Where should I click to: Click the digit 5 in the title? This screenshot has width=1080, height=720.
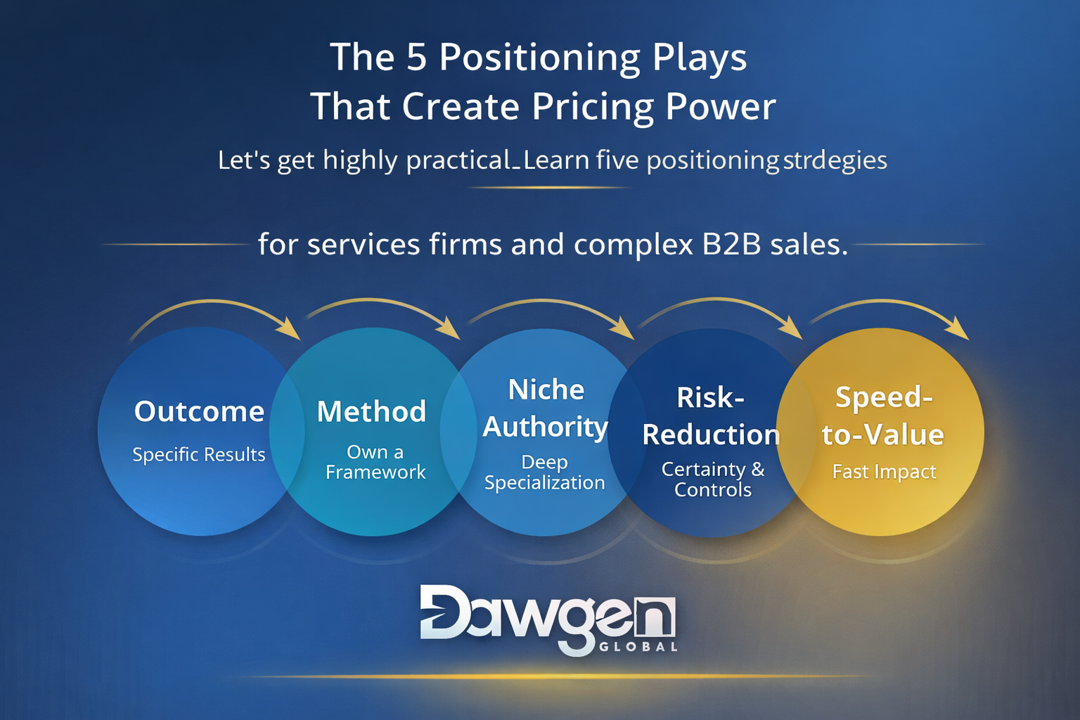pyautogui.click(x=416, y=57)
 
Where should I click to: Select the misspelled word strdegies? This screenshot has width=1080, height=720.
pyautogui.click(x=835, y=160)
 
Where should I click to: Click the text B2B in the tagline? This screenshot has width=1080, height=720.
pyautogui.click(x=731, y=244)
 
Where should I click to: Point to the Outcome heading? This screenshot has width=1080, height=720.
pyautogui.click(x=199, y=411)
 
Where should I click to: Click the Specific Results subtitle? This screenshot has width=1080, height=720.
pyautogui.click(x=199, y=454)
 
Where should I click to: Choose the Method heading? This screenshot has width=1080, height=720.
pyautogui.click(x=372, y=411)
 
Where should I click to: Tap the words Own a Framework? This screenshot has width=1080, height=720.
pyautogui.click(x=375, y=462)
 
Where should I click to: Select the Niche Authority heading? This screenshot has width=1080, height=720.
pyautogui.click(x=546, y=409)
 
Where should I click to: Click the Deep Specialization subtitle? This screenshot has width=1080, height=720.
pyautogui.click(x=544, y=472)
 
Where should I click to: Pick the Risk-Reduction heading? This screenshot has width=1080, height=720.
pyautogui.click(x=711, y=416)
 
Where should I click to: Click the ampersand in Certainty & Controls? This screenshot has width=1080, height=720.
pyautogui.click(x=758, y=469)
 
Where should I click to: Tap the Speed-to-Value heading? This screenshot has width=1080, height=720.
pyautogui.click(x=883, y=416)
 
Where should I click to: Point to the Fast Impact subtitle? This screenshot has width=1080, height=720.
pyautogui.click(x=885, y=472)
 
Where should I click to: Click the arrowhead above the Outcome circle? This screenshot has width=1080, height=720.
pyautogui.click(x=288, y=328)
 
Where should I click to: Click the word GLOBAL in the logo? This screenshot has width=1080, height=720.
pyautogui.click(x=638, y=647)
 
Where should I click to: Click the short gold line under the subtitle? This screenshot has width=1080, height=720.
pyautogui.click(x=549, y=188)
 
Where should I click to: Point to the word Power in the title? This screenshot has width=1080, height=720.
pyautogui.click(x=721, y=107)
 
